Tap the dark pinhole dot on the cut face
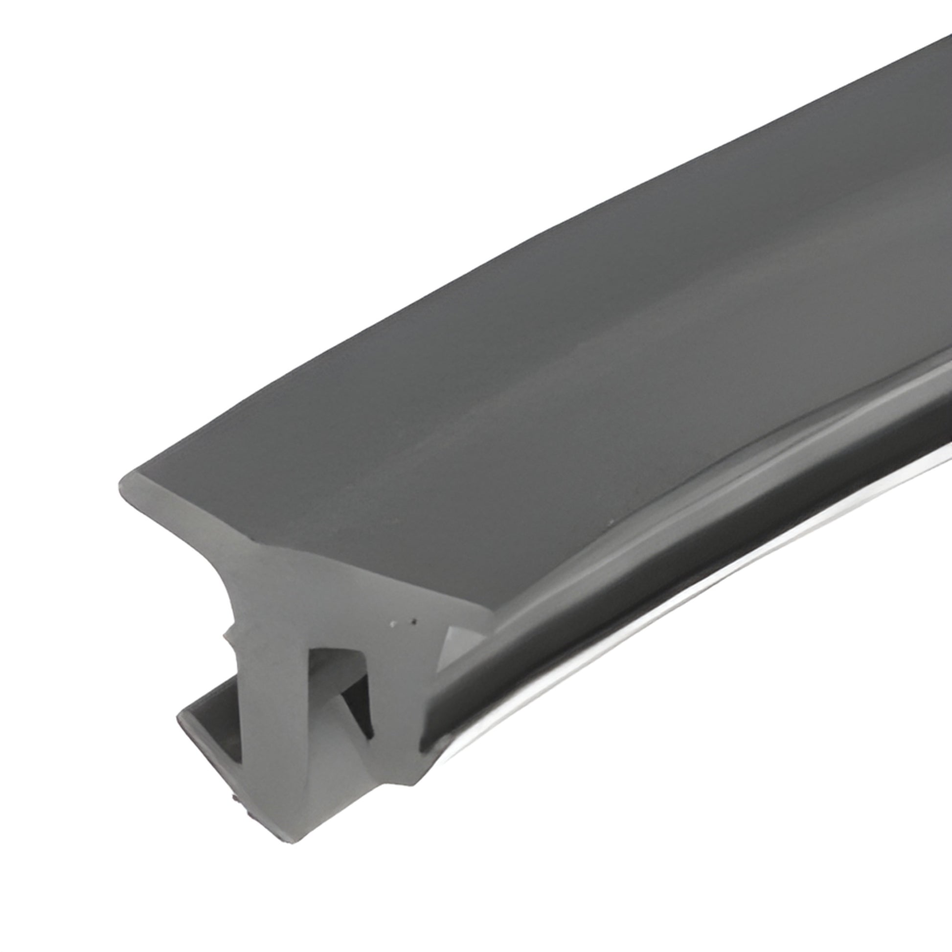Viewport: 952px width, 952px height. point(414,621)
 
